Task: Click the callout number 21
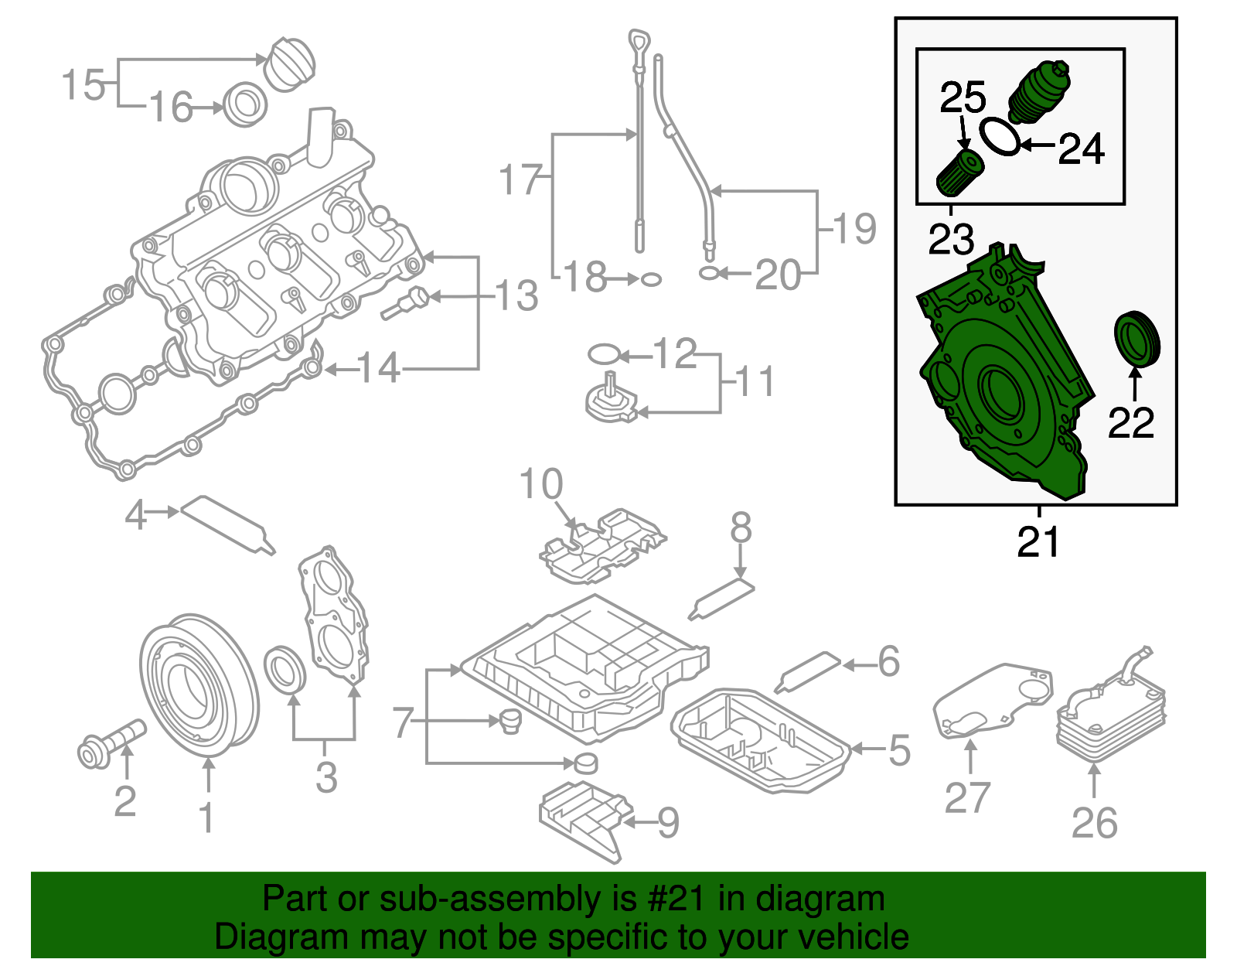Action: (1038, 541)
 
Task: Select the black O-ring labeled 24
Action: (1000, 136)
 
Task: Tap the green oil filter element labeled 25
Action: (959, 172)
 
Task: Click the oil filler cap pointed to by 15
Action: (290, 64)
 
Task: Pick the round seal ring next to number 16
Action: (246, 105)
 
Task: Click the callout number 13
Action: (516, 296)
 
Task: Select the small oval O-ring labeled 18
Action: (652, 278)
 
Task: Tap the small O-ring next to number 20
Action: (708, 273)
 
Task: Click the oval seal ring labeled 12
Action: (604, 355)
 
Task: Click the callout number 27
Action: (967, 797)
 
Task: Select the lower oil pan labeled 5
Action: (762, 739)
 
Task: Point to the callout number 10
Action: (540, 485)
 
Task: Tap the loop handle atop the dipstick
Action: (638, 42)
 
